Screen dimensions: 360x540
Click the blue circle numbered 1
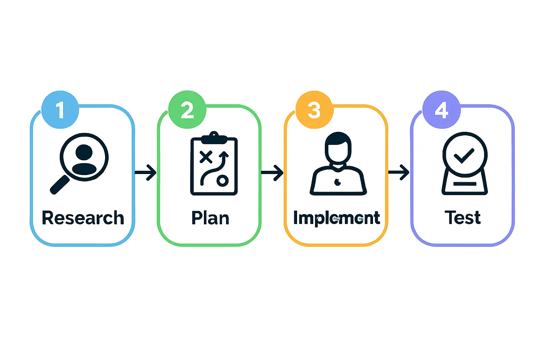coord(60,110)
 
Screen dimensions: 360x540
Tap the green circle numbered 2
coord(187,110)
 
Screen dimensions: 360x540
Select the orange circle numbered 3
coord(314,110)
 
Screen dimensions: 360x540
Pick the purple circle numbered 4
coord(441,110)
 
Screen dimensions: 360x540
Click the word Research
coord(83,218)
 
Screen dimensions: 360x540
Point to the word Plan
coord(210,218)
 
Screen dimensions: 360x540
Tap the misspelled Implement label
coord(336,218)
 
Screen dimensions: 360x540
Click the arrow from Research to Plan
coord(146,172)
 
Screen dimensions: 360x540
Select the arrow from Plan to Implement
coord(272,172)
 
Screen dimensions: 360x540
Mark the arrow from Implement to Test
coord(399,172)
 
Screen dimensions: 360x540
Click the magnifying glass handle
coord(60,185)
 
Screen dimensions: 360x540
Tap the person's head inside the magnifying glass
coord(84,152)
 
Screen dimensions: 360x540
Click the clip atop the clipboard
coord(214,138)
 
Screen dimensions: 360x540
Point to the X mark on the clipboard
coord(206,157)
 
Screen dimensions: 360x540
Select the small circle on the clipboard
coord(222,181)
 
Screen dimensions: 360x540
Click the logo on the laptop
coord(337,182)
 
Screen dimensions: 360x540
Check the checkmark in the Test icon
coord(464,155)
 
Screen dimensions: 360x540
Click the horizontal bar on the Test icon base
coord(465,184)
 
